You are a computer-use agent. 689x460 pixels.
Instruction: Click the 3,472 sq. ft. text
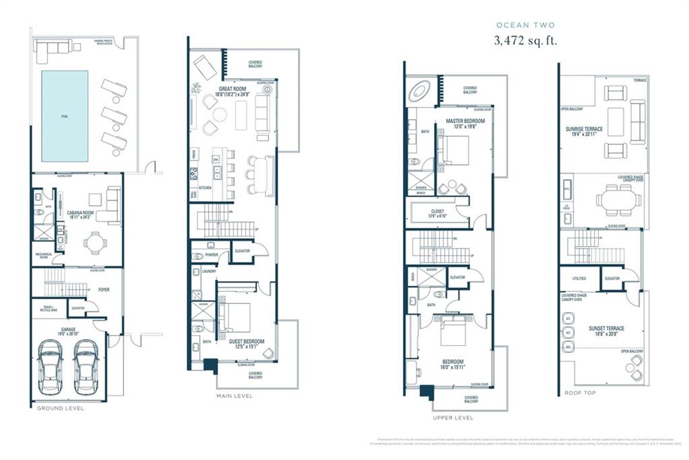point(525,40)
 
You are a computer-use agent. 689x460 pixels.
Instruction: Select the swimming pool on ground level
point(65,116)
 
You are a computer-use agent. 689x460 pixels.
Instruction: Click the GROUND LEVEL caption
point(60,408)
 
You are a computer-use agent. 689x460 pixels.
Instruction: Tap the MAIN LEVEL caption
point(234,396)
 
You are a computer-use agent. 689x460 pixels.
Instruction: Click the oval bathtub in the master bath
point(423,90)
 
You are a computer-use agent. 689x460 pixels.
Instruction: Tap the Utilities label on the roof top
point(578,278)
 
